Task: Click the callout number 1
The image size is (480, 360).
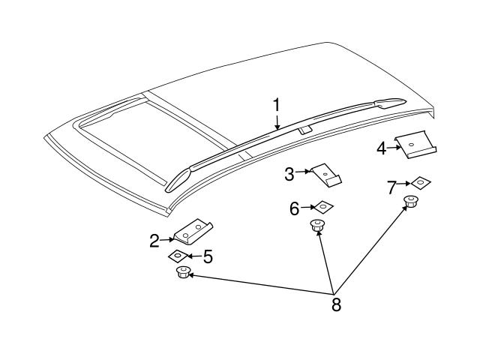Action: [x=276, y=105]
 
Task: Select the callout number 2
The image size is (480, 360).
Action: [x=154, y=241]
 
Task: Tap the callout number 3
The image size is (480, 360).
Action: [x=289, y=175]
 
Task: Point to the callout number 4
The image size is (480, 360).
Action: [x=381, y=148]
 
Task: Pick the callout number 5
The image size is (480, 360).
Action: [x=208, y=257]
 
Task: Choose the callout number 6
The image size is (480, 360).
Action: [x=295, y=208]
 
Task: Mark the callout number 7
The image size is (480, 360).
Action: [x=391, y=187]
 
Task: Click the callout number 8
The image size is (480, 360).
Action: [x=335, y=304]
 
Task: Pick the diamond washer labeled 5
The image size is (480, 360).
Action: [x=178, y=256]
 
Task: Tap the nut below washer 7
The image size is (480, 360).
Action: [x=410, y=201]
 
